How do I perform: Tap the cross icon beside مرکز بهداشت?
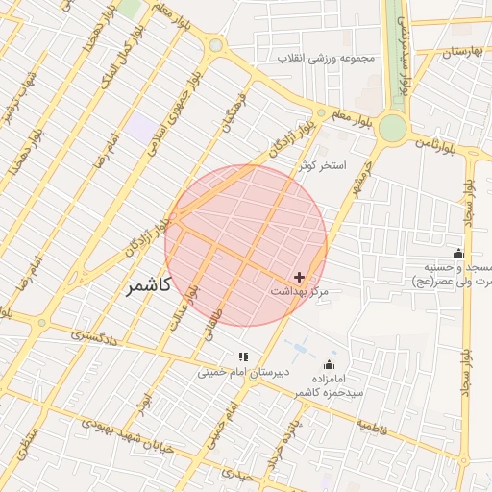click(x=300, y=277)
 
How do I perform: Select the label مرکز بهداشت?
click(x=301, y=290)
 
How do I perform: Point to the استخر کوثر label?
click(x=321, y=165)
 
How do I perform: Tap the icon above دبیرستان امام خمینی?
click(x=243, y=357)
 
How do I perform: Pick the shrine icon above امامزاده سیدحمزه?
click(x=331, y=364)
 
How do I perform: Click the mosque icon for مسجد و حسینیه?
click(x=458, y=254)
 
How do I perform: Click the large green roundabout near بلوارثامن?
click(x=392, y=127)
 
